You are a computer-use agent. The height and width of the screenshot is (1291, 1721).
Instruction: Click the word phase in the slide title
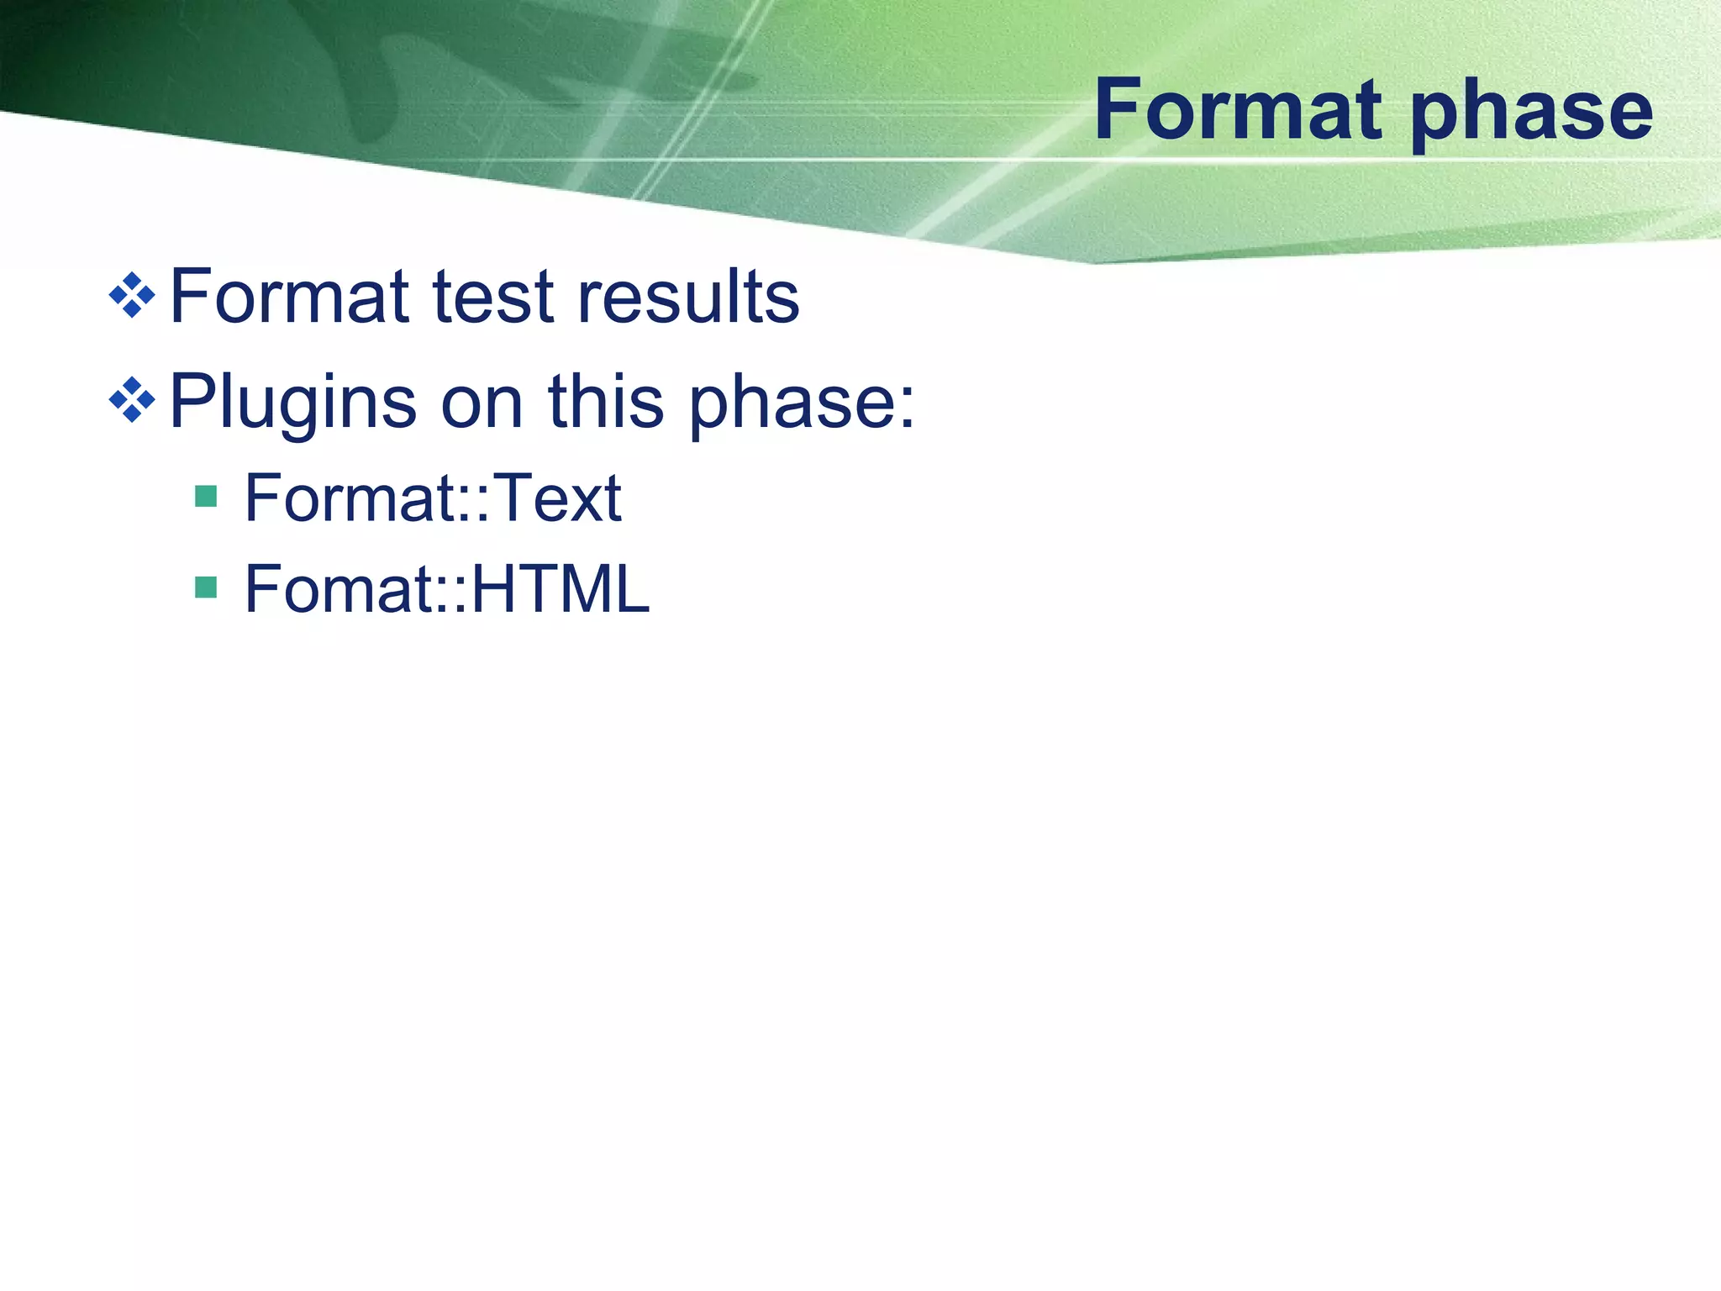coord(1531,113)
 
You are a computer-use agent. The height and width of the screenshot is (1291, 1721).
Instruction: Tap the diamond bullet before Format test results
coord(132,296)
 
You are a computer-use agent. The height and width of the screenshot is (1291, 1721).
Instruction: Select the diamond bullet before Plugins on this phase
coord(132,401)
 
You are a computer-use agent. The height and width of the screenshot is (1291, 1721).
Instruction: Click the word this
coord(605,402)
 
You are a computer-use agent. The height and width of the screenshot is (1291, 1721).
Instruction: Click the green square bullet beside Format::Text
coord(206,496)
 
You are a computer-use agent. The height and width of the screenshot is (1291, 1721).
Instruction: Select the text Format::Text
coord(433,498)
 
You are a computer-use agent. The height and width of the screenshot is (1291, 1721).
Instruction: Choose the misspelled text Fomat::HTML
coord(447,588)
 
